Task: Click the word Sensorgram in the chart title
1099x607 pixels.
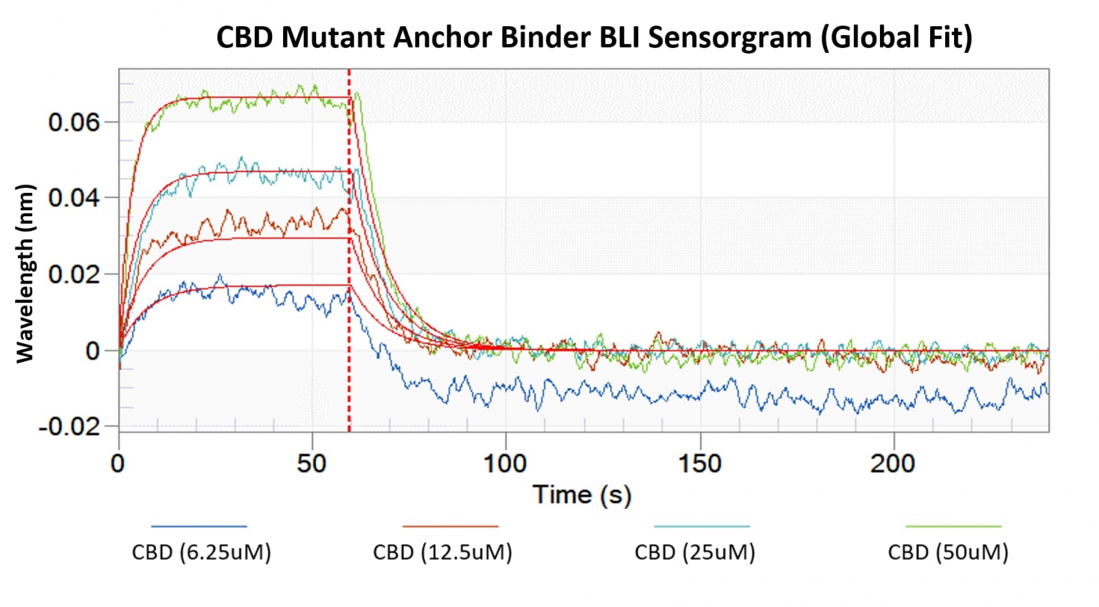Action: (729, 37)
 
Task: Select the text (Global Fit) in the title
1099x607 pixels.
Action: (896, 37)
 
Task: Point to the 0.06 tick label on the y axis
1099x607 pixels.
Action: (74, 123)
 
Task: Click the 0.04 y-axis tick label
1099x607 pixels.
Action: (74, 198)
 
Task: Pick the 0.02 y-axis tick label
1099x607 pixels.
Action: (74, 275)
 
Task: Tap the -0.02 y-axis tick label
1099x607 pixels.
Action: (69, 427)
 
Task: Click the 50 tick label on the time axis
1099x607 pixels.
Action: (311, 464)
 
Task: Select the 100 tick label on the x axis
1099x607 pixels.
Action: (505, 464)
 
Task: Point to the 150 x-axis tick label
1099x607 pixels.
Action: (700, 464)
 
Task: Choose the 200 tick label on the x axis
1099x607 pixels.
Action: (893, 464)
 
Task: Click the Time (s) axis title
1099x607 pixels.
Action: (582, 495)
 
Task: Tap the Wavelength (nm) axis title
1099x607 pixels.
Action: (25, 273)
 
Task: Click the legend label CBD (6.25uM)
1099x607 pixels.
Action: (201, 553)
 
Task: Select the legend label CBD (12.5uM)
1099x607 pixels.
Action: (442, 553)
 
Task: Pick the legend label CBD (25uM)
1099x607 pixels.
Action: (694, 553)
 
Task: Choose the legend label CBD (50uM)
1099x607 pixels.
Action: (948, 553)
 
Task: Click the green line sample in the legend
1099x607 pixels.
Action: (953, 527)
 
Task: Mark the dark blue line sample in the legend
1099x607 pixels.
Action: (199, 527)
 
